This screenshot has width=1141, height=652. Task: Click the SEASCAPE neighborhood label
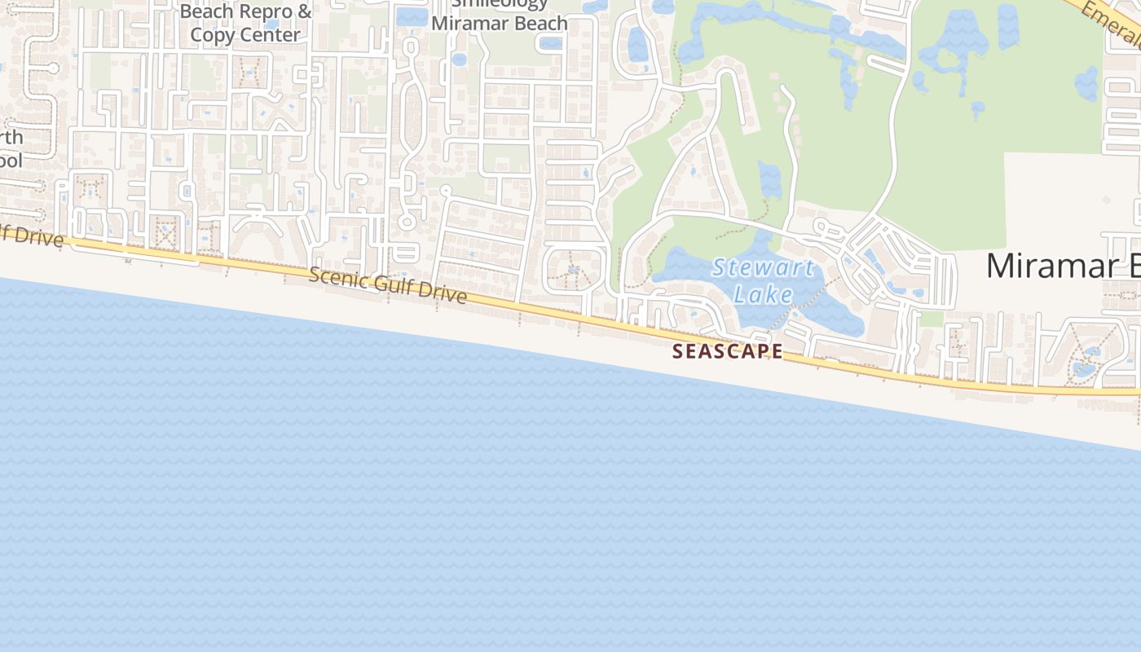point(727,351)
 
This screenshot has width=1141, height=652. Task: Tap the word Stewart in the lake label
point(762,267)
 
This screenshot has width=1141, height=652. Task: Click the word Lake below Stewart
point(763,293)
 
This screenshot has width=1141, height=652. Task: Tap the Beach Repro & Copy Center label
point(245,23)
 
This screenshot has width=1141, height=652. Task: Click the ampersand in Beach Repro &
point(303,11)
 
